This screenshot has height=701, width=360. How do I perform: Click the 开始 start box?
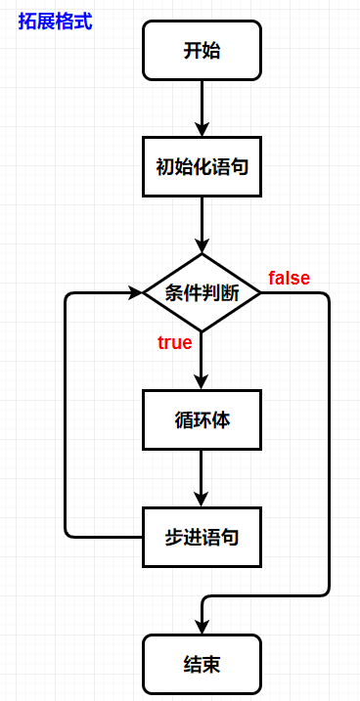pos(202,51)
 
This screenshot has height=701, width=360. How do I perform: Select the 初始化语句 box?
pos(202,166)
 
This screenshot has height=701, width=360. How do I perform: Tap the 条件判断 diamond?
pos(202,292)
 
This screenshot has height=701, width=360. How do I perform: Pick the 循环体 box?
pos(202,420)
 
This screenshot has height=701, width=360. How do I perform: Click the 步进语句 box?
pos(202,537)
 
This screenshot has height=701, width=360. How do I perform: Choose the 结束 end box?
pos(202,664)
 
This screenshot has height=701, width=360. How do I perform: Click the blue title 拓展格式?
pos(55,21)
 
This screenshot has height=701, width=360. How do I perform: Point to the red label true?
pos(174,342)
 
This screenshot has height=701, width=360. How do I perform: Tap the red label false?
pos(289,279)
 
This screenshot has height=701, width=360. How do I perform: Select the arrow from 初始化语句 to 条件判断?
pos(202,223)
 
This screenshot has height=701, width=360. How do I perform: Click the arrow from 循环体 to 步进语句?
pos(202,477)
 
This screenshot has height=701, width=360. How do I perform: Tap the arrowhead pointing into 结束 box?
pos(202,626)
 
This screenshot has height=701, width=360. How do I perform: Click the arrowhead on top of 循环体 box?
pos(202,382)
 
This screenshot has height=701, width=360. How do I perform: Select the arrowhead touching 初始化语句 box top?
pos(202,129)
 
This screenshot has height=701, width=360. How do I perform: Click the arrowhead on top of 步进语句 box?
pos(202,499)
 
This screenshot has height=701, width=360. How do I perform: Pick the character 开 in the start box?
pos(192,51)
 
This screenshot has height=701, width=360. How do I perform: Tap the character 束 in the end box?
pos(211,664)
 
